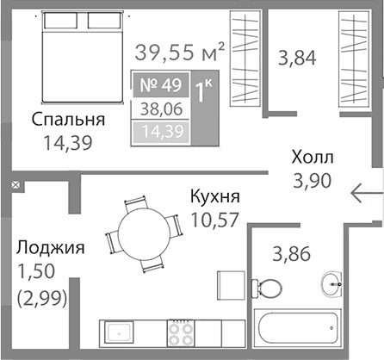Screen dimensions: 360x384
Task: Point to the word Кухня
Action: [x=214, y=197]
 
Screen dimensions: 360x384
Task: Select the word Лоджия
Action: [x=49, y=249]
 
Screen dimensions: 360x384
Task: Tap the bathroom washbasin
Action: [x=335, y=282]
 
